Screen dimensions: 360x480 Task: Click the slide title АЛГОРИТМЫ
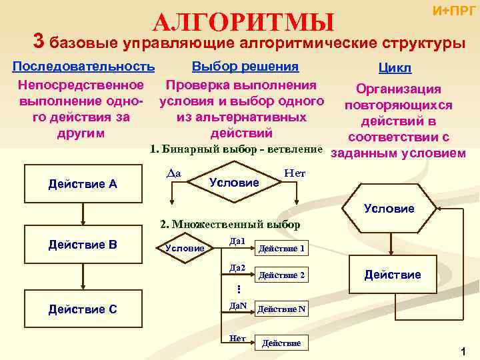[x=243, y=22]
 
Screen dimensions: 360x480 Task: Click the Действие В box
[x=83, y=245]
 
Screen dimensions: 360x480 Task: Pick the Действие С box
[x=83, y=309]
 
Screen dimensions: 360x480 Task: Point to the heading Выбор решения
[x=245, y=67]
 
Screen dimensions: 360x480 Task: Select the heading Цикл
[x=395, y=69]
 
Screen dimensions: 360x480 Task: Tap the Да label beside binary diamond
[x=174, y=173]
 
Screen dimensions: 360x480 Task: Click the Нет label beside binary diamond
[x=294, y=173]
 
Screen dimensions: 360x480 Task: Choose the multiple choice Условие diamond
[x=185, y=248]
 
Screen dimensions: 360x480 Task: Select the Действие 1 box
[x=281, y=249]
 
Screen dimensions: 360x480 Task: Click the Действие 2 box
[x=281, y=275]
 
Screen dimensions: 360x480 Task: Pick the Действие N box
[x=281, y=309]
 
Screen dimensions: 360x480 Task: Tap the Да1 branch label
[x=237, y=240]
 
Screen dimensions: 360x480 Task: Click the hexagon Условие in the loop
[x=390, y=209]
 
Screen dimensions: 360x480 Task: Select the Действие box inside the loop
[x=392, y=275]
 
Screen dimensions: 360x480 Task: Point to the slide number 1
[x=461, y=351]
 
